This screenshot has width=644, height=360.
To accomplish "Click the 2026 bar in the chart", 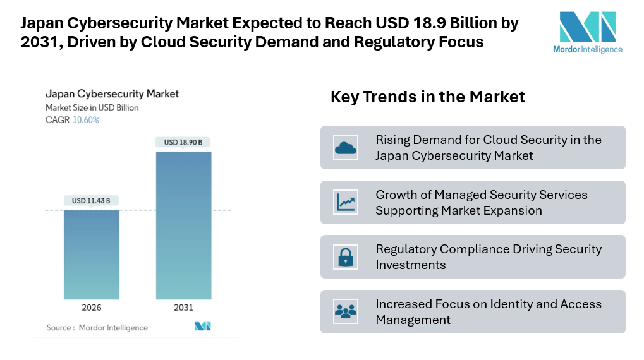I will click(x=91, y=254).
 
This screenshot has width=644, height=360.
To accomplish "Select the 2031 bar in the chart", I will click(x=183, y=225).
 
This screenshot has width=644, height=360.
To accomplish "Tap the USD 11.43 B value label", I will click(x=91, y=201).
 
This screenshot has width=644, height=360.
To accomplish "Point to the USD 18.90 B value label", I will click(x=183, y=142).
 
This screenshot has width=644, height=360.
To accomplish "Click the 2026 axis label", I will click(x=91, y=308).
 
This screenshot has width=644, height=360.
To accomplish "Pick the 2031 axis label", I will click(x=183, y=308).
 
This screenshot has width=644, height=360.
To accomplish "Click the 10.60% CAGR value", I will click(x=86, y=120).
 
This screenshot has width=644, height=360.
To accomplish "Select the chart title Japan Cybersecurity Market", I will click(x=112, y=94).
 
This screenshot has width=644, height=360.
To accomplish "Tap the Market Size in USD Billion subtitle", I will click(x=92, y=108).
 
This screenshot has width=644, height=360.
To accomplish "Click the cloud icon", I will click(x=345, y=148).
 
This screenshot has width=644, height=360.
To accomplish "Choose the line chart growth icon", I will click(x=345, y=202).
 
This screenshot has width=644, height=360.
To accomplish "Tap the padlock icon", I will click(x=345, y=257).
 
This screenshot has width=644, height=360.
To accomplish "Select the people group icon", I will click(x=345, y=311).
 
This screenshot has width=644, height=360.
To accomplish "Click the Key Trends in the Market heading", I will click(x=427, y=97).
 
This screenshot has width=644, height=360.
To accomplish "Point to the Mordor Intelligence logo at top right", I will click(x=587, y=32).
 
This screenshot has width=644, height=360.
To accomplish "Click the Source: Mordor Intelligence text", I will click(x=97, y=328).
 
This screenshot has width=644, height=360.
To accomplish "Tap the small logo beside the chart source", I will click(x=202, y=327).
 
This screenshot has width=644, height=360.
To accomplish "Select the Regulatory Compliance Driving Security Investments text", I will click(x=488, y=257).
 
